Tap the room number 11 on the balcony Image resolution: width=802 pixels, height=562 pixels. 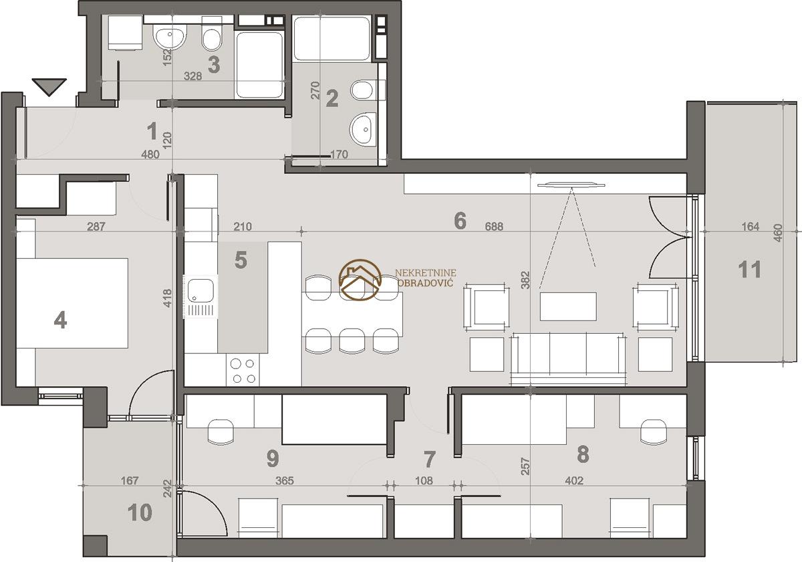click(x=750, y=270)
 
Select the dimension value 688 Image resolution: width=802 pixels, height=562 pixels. click(x=494, y=227)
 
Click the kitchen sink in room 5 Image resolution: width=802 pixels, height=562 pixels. click(x=200, y=297)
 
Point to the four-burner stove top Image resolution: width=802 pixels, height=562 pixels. click(x=243, y=371)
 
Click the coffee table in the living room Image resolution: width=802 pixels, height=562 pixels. click(x=568, y=306)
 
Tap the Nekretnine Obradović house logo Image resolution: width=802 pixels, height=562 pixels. click(x=360, y=280)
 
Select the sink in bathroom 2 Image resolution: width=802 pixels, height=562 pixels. click(x=363, y=129)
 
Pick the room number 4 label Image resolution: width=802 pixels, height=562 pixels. click(x=60, y=320)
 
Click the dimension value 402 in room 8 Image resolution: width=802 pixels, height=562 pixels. click(x=574, y=480)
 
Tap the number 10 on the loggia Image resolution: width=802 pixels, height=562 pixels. click(x=140, y=512)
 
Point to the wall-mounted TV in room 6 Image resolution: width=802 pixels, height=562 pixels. click(x=571, y=185)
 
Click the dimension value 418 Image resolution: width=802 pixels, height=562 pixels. click(x=167, y=298)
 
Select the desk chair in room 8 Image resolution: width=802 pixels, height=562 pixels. click(x=654, y=432)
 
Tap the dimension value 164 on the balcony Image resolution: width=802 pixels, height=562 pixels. click(x=751, y=227)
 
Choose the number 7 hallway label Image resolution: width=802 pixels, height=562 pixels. click(x=429, y=459)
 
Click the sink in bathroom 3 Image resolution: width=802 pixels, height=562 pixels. click(x=169, y=37)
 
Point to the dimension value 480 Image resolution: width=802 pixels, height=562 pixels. click(x=150, y=155)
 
